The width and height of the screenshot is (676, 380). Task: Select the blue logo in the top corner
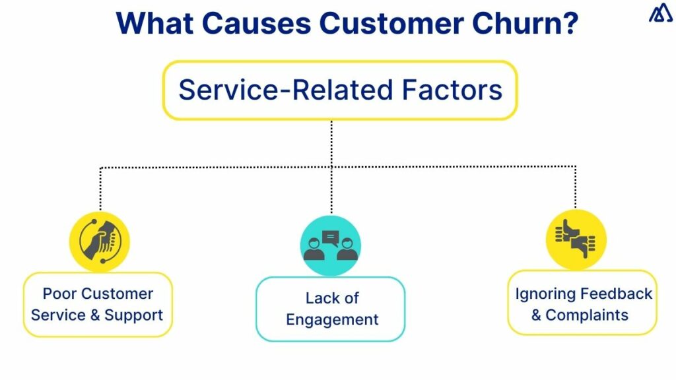pyautogui.click(x=660, y=14)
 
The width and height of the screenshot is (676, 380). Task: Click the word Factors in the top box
pyautogui.click(x=457, y=90)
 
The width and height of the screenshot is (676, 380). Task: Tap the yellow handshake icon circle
pyautogui.click(x=100, y=241)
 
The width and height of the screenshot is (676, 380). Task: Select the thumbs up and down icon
pyautogui.click(x=576, y=239)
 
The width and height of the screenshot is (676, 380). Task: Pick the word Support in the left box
pyautogui.click(x=133, y=315)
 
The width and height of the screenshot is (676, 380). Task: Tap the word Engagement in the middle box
pyautogui.click(x=332, y=320)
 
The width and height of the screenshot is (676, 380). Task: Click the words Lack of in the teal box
pyautogui.click(x=332, y=298)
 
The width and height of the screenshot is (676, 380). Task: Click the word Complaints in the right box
pyautogui.click(x=587, y=315)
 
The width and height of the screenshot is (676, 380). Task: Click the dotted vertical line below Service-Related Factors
pyautogui.click(x=331, y=142)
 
